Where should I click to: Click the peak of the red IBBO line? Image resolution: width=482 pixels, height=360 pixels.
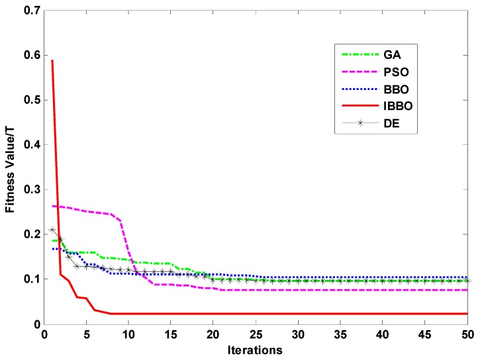52,61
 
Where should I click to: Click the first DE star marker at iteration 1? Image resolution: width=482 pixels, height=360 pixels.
52,230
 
